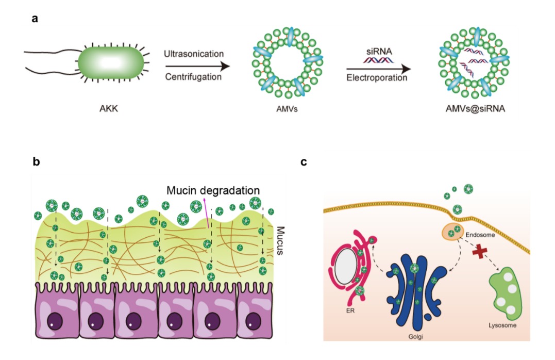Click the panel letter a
[35, 19]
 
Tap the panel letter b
[36, 161]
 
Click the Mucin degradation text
[213, 190]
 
